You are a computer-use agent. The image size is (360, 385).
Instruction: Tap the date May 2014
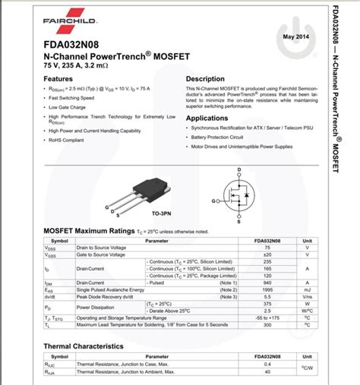tap(296, 36)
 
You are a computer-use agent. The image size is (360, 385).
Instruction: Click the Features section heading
tap(58, 79)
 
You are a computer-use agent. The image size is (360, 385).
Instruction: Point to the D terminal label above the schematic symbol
tap(238, 169)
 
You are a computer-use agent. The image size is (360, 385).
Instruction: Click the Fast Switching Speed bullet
tap(71, 98)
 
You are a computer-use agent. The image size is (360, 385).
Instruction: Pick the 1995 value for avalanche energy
tap(267, 289)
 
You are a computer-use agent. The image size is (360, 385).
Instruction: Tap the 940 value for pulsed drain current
tap(267, 282)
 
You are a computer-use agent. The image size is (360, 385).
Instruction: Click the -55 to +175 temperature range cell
tap(267, 317)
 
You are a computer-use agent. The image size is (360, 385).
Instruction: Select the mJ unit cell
tap(307, 289)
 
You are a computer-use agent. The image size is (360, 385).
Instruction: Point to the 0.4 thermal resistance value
tap(267, 364)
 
